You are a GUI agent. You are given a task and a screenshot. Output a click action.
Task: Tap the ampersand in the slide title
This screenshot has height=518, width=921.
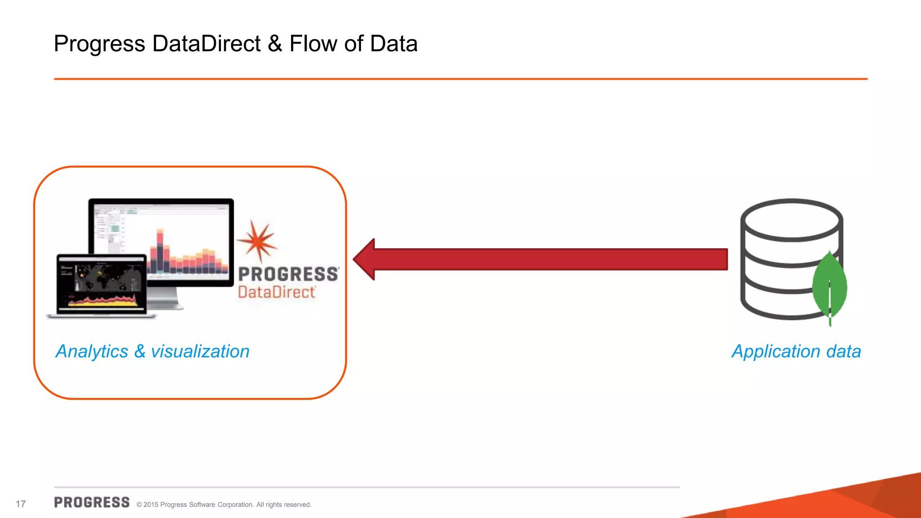tap(275, 44)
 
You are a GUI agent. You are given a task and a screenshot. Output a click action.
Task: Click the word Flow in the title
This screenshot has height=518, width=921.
tap(313, 44)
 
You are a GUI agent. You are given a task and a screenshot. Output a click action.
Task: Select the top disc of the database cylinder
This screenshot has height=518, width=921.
tap(791, 220)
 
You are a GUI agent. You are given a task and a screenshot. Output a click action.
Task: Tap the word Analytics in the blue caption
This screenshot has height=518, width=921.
tap(92, 352)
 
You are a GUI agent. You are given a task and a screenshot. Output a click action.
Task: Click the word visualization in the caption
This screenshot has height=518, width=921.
tap(200, 352)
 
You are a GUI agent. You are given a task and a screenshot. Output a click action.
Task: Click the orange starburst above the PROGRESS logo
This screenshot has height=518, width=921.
tap(257, 241)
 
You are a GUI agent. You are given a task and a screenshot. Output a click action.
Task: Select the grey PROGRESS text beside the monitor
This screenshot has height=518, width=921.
tap(288, 274)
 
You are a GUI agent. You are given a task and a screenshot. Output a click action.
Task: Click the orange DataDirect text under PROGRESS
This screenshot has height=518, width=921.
tap(277, 292)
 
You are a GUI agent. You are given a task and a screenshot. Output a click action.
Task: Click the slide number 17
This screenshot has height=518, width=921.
tap(21, 504)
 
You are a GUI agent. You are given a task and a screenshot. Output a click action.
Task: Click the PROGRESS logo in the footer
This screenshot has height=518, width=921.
tap(92, 502)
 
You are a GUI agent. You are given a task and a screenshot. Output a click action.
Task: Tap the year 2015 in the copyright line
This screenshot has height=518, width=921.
tap(151, 505)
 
